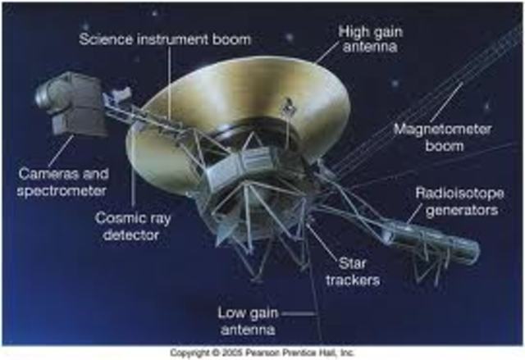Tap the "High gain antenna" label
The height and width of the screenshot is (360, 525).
(x=365, y=38)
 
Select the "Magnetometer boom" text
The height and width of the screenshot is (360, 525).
(x=429, y=137)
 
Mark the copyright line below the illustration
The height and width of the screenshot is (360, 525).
(x=262, y=352)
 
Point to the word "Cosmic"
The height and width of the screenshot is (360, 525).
(x=119, y=219)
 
